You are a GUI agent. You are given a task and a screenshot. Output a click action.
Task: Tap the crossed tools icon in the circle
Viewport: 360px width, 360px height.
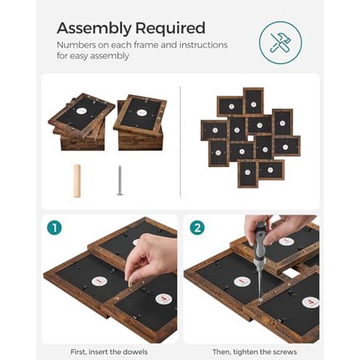pyautogui.click(x=280, y=42)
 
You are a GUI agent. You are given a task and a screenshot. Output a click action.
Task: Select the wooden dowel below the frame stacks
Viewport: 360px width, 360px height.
pyautogui.click(x=77, y=181)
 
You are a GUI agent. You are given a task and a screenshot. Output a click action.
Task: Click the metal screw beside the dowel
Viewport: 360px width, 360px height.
pyautogui.click(x=120, y=181)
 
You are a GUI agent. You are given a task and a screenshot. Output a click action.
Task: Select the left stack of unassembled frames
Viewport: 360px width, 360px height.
pyautogui.click(x=81, y=123)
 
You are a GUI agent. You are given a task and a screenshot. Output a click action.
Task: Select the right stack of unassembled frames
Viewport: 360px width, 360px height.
pyautogui.click(x=140, y=122)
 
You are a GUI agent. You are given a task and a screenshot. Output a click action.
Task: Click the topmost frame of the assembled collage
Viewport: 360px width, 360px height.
pyautogui.click(x=253, y=100)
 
